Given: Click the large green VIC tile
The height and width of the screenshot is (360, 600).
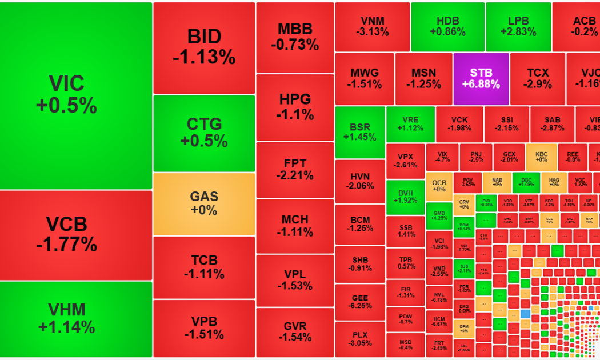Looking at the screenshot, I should [75, 95].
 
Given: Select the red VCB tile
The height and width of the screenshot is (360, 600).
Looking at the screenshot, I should [75, 234].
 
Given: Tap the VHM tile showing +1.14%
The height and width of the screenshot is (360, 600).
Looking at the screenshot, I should [75, 319].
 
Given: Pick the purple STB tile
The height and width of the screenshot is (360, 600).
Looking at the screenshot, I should [481, 78].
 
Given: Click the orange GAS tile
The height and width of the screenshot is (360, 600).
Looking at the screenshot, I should [204, 203].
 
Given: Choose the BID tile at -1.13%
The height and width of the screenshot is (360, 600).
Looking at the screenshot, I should [204, 47].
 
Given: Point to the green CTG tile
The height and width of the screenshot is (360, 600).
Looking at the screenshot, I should [204, 133].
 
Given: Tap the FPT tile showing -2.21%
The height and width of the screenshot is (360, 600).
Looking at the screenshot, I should [295, 170].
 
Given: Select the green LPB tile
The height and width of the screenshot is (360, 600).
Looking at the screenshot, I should [518, 26].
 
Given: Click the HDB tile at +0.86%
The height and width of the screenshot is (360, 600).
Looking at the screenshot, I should [447, 26].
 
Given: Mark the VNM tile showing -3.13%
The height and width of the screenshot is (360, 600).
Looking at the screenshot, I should [372, 26].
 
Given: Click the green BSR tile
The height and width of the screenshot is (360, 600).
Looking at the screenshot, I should [359, 132].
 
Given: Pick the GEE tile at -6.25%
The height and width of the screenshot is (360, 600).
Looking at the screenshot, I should [359, 301].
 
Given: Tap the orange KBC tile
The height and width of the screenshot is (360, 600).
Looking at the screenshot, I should [541, 157].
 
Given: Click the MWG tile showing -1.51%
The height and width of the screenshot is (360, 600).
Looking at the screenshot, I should [365, 78].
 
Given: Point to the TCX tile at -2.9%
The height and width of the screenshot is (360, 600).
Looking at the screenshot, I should [537, 78].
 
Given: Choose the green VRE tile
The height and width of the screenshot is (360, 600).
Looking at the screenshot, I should [410, 124].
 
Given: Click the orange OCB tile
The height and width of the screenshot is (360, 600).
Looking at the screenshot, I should [439, 186].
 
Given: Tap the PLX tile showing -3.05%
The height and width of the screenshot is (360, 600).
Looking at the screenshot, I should [359, 339].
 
